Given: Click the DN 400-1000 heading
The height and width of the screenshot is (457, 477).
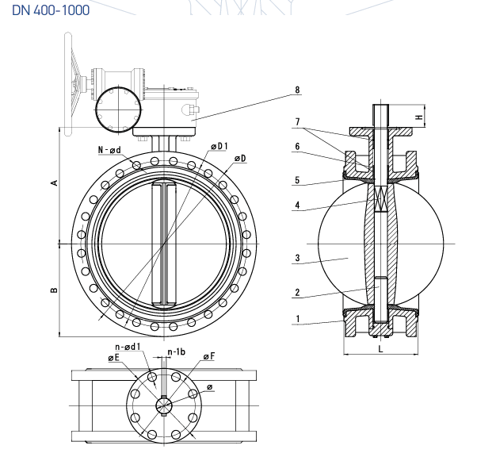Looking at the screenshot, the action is pos(51,10).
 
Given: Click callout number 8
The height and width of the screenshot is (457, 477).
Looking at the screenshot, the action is pos(297,90).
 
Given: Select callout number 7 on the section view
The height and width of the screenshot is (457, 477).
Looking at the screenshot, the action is pos(297,122).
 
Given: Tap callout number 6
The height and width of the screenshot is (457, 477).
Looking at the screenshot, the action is pos(297,147).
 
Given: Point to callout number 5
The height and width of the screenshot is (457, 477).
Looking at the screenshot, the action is pos(297,180).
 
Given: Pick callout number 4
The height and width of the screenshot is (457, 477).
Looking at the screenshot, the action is pos(297,205).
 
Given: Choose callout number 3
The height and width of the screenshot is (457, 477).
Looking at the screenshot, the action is pos(297,258).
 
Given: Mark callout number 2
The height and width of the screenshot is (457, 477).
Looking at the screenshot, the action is pos(297,293).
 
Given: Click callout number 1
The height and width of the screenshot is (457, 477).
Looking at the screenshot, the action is pos(298,319).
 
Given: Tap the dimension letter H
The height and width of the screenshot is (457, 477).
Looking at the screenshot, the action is pos(419,117).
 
